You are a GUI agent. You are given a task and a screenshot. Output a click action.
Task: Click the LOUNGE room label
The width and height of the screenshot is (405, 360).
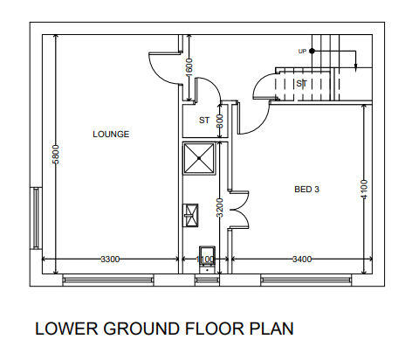(x=111, y=134)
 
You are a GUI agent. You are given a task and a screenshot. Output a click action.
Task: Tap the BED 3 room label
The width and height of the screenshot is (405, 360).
(x=306, y=190)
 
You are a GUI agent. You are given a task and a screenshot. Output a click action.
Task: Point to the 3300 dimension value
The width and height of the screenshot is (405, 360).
(x=110, y=259)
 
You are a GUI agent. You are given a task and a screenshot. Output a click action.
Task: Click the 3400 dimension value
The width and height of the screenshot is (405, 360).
(x=302, y=259)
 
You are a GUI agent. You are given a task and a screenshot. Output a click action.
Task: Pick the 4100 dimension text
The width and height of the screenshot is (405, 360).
(x=364, y=190)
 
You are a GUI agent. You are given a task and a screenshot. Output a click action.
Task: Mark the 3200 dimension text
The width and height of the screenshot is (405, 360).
(x=220, y=208)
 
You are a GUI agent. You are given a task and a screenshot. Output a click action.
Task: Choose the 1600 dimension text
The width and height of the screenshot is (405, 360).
(x=189, y=67)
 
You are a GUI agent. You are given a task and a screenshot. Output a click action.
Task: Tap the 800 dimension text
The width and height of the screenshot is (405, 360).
(x=220, y=121)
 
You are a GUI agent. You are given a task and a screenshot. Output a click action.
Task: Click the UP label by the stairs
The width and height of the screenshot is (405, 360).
(x=302, y=52)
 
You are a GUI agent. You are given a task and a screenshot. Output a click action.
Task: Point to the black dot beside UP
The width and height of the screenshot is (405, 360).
(x=312, y=51)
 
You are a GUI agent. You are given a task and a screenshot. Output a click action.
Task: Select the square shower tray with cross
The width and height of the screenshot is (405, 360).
(x=199, y=158)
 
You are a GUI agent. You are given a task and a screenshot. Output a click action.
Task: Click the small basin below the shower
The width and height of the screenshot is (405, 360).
(x=190, y=215)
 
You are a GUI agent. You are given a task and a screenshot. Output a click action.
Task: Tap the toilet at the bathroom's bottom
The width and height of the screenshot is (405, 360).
(x=207, y=260)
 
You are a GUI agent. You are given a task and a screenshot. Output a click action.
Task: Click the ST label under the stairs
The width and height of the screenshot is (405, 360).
(x=301, y=84)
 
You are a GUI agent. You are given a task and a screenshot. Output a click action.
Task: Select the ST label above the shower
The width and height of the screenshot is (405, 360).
(x=204, y=121)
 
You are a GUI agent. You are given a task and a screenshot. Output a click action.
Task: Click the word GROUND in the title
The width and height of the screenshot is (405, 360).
(x=141, y=329)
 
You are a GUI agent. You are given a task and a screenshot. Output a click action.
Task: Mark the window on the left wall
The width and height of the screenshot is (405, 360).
(x=36, y=218)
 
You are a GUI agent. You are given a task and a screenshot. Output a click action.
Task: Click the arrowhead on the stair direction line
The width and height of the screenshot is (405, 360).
(x=355, y=67)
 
